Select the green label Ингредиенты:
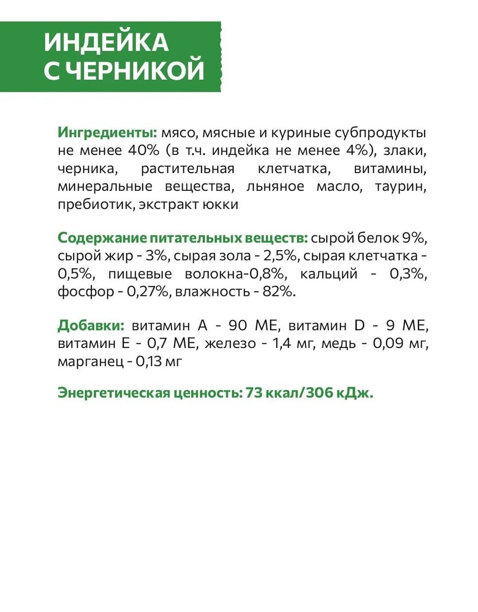pos(108,132)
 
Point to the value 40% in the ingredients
pos(143,150)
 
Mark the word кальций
pos(329,274)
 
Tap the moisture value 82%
pos(279,292)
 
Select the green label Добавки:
pos(91,326)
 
